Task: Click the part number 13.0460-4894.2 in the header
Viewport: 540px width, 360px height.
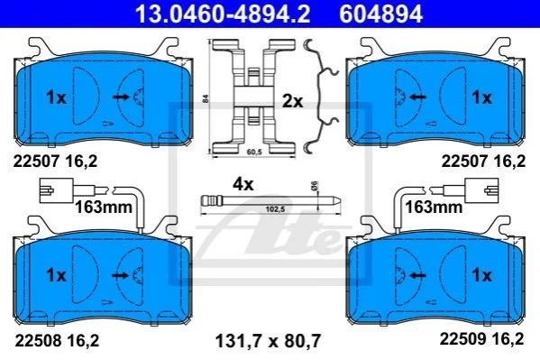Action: coord(223,14)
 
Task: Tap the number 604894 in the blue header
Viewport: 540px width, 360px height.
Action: coord(381,14)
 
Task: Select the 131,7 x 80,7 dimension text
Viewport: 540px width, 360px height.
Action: coord(268,341)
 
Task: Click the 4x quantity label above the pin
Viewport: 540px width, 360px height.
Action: coord(243,184)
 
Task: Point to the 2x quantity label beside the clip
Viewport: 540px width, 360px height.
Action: coord(292,101)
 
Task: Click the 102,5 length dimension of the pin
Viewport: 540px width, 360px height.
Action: coord(275,209)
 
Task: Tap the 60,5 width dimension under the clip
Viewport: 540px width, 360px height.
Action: coord(254,152)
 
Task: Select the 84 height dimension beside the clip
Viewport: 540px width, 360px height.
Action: coord(206,99)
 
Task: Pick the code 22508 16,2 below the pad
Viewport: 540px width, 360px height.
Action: coord(57,341)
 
